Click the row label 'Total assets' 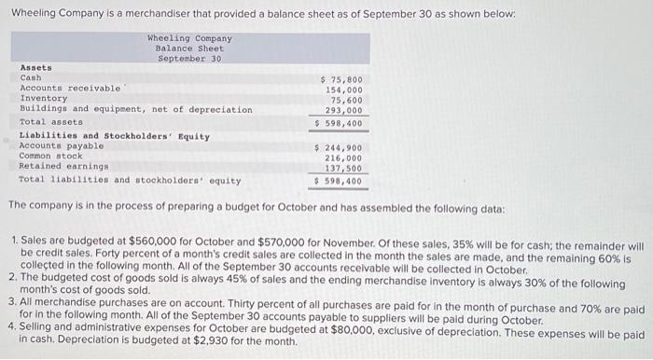[x=46, y=122]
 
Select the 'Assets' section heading [x=36, y=67]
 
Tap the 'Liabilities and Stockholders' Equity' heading [x=115, y=136]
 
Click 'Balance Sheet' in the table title [x=190, y=48]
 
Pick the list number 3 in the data [x=11, y=302]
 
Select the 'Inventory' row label [x=43, y=99]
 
